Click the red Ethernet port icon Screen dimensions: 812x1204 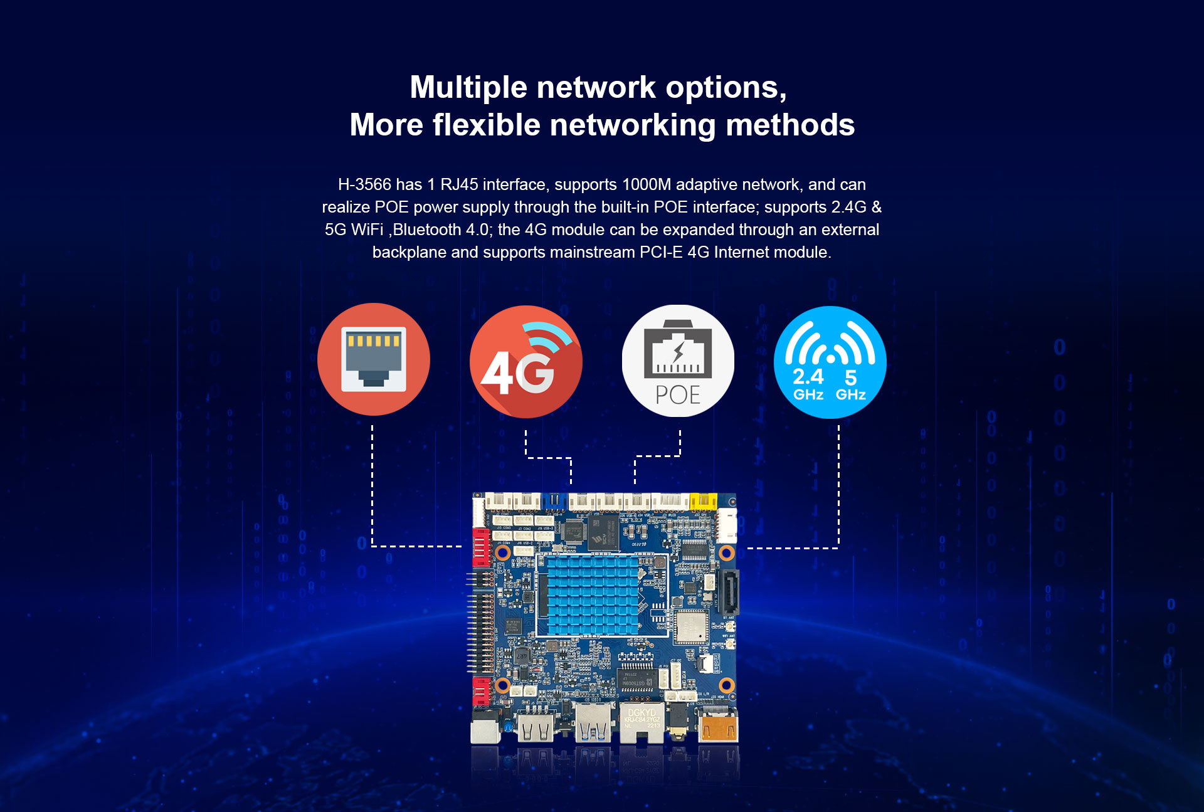point(374,359)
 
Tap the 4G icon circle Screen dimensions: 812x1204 point(525,362)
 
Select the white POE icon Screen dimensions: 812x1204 point(678,361)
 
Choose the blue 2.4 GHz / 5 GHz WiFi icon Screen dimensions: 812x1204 point(830,362)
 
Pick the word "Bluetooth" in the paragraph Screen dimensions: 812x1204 point(427,229)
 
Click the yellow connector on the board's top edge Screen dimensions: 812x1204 point(703,501)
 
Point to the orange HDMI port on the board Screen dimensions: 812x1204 point(719,729)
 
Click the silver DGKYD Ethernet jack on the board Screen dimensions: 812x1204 point(642,722)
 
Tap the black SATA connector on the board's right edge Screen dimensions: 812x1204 point(731,591)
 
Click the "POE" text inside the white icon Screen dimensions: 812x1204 point(678,395)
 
